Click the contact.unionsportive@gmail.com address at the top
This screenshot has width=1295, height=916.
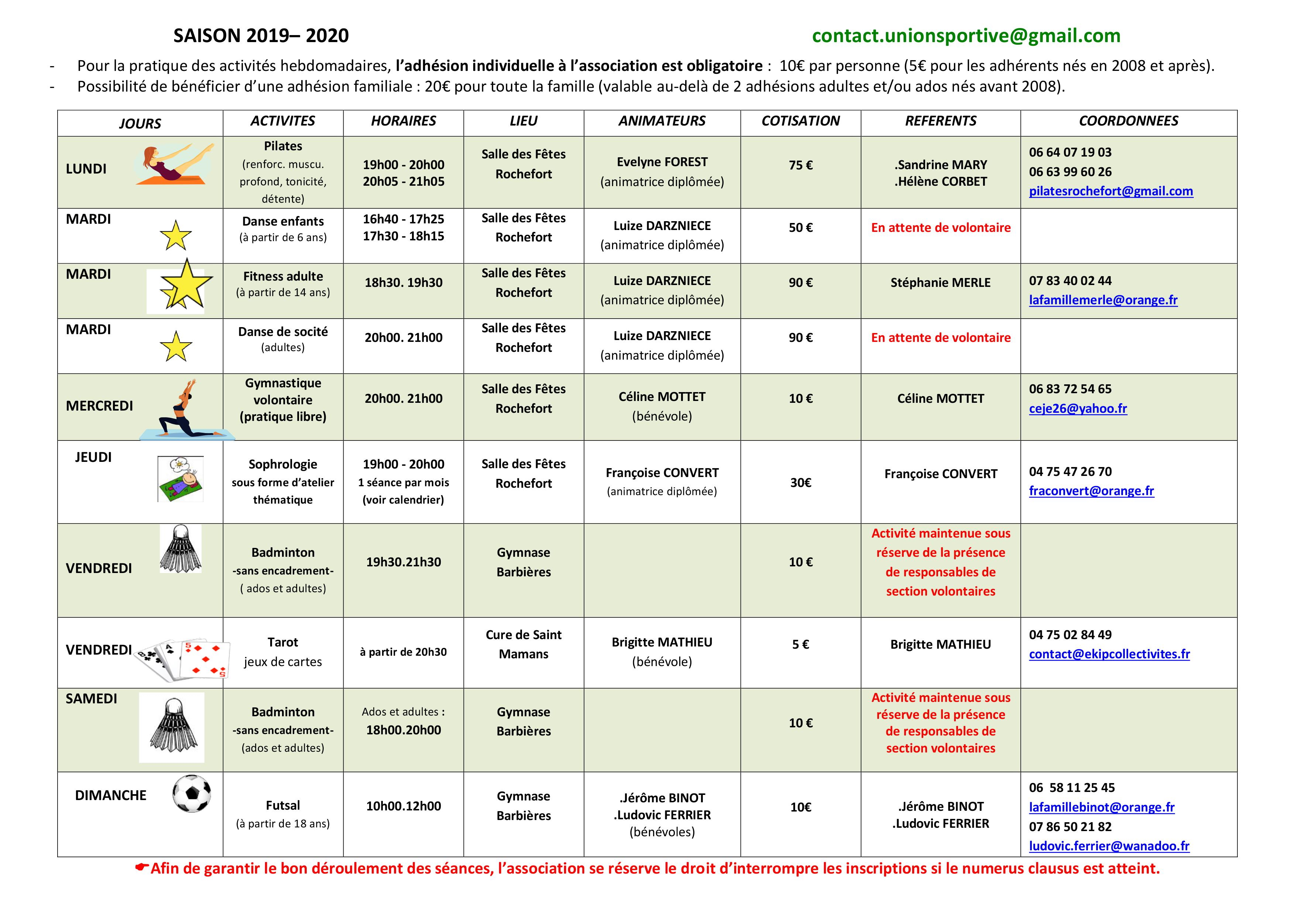click(966, 35)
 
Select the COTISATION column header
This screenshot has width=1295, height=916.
click(800, 121)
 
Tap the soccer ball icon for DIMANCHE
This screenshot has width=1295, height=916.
click(192, 793)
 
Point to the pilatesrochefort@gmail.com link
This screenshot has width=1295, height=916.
click(1110, 191)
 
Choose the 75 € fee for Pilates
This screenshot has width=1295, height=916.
click(800, 165)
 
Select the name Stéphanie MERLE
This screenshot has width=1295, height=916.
click(940, 282)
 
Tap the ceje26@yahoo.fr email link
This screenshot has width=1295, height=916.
click(1077, 408)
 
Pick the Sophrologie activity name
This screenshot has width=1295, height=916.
click(282, 464)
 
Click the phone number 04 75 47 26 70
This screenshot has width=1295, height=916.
click(1070, 471)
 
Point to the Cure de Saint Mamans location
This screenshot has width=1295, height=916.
click(523, 644)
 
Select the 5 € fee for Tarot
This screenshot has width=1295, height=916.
click(800, 644)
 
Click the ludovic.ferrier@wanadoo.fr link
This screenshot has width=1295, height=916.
click(1109, 846)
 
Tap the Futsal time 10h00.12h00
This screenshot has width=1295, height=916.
click(403, 806)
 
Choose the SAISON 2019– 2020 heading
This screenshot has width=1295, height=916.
click(261, 35)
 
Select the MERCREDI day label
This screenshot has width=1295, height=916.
click(99, 406)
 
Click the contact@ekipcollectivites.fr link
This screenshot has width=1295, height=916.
click(1109, 654)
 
